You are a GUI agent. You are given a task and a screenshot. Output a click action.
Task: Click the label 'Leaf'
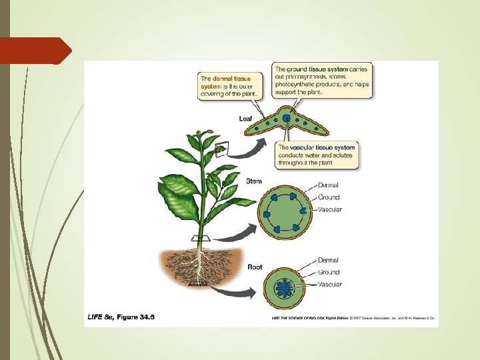coord(246,119)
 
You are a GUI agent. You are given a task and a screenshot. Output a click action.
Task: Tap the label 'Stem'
coord(254,181)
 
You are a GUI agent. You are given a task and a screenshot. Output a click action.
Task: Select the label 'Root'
coord(255,267)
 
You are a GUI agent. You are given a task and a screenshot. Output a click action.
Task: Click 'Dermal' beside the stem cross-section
coord(328,185)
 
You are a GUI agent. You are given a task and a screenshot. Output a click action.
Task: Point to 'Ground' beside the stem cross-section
coord(329,197)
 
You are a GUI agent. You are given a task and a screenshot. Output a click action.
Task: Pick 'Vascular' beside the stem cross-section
coord(330,210)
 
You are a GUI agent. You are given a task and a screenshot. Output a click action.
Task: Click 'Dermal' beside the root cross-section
coord(328,260)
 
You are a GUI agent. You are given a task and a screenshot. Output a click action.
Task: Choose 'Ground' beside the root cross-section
coord(329,272)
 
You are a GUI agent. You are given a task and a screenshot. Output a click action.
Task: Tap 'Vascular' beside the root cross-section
coord(330,285)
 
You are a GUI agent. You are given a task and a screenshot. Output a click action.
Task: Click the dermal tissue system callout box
coord(227,87)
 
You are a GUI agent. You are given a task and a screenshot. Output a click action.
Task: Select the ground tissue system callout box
coord(322,81)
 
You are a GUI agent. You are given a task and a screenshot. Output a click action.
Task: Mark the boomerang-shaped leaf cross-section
coord(287,124)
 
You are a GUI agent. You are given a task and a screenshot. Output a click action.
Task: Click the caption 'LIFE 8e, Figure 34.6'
coord(121,317)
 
